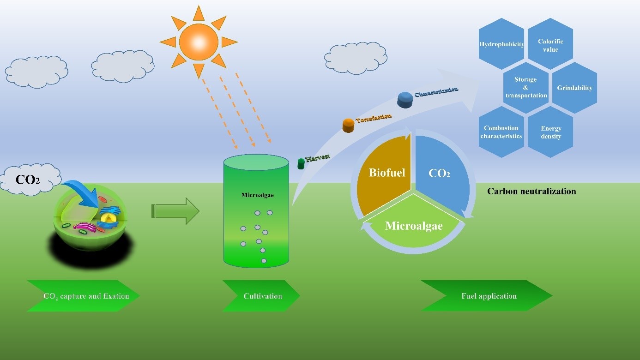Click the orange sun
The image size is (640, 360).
click(198, 42)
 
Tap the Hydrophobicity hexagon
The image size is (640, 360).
click(501, 44)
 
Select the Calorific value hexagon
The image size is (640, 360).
click(550, 45)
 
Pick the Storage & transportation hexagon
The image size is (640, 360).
click(526, 87)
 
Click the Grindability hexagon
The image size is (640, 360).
click(574, 88)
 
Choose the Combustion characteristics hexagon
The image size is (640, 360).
click(501, 132)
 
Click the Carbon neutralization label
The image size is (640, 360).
click(531, 191)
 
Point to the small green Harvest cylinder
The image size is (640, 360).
click(301, 163)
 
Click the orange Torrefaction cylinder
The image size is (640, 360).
click(349, 125)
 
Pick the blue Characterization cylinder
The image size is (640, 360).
click(405, 100)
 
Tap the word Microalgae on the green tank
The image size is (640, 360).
click(257, 195)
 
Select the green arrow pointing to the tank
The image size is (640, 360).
click(175, 211)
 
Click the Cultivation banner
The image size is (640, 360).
click(261, 296)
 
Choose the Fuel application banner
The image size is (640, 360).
click(487, 296)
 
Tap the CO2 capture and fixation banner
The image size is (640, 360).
click(84, 296)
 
